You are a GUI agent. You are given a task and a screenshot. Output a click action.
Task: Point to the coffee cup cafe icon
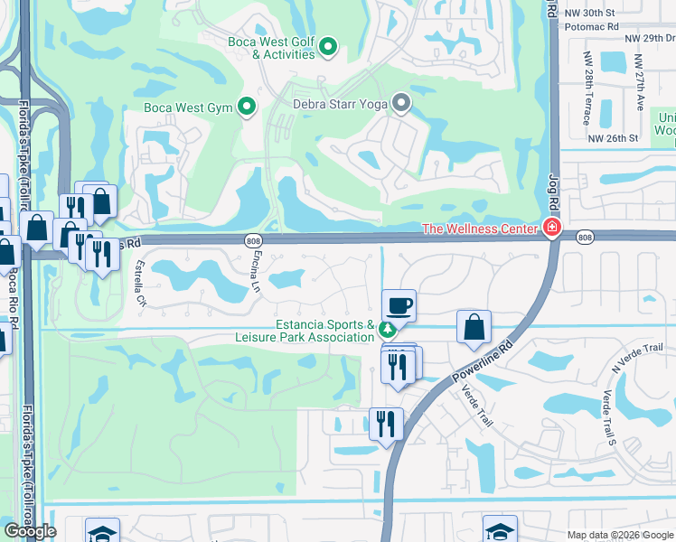(398, 305)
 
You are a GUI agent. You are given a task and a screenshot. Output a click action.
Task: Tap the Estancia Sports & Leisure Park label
(324, 331)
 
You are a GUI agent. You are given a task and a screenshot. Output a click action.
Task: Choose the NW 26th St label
(613, 138)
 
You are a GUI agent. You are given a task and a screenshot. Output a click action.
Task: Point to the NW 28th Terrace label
(587, 88)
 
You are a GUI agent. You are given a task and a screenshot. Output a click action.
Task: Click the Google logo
(30, 531)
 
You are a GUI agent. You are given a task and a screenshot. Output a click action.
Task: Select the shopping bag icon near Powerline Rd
(474, 326)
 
